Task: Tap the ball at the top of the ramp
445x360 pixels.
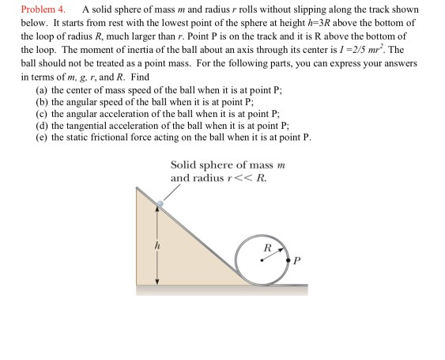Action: tap(159, 204)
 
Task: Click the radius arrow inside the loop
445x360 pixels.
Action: tap(272, 253)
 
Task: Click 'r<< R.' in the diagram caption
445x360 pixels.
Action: tap(251, 177)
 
